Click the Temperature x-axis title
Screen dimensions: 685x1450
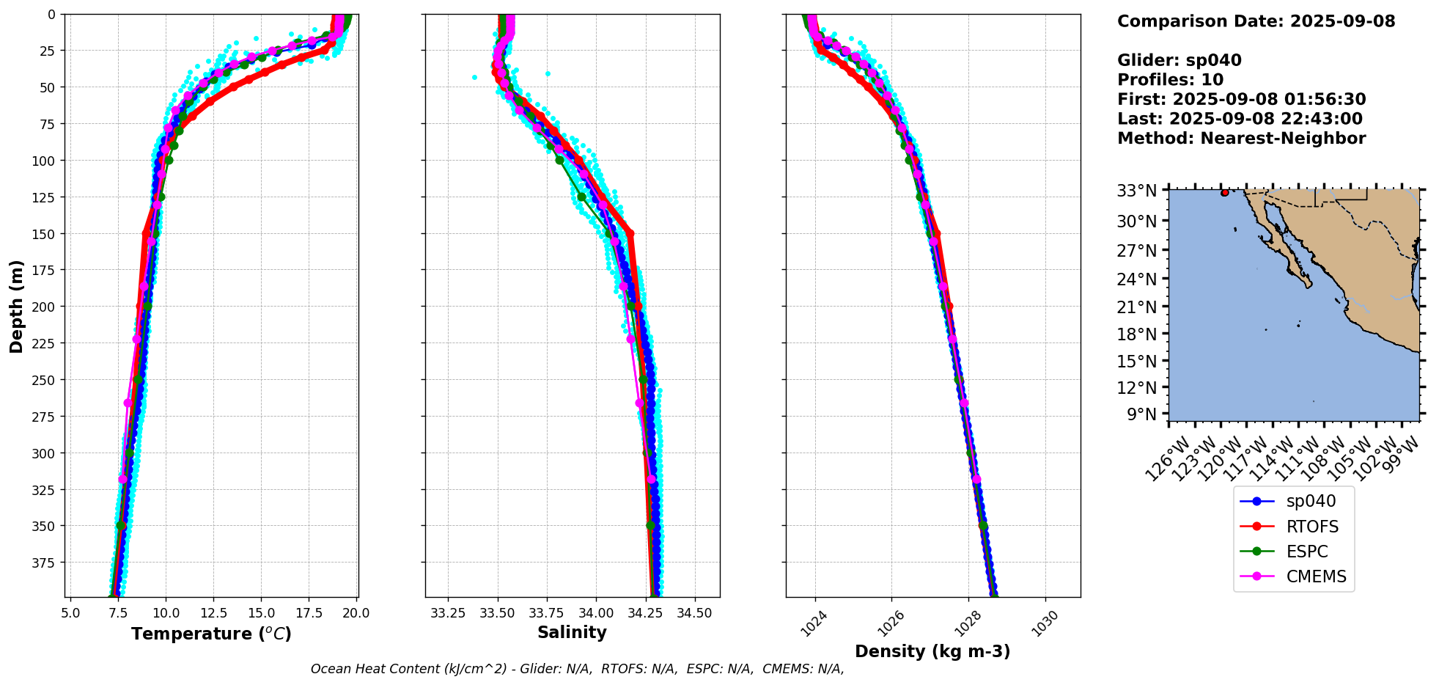211,634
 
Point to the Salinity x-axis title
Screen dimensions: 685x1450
572,633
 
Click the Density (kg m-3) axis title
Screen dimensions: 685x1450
932,651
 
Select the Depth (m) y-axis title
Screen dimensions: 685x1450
17,306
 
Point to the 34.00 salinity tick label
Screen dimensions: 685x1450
596,612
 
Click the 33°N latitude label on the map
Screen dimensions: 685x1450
1137,191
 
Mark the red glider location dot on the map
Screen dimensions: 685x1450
1225,192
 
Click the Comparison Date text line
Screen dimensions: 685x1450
1256,21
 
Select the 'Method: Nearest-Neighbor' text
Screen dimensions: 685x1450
1241,139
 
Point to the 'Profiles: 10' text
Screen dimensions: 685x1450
1170,80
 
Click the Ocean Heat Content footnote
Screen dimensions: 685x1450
577,669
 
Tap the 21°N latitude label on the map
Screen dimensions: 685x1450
1137,307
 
